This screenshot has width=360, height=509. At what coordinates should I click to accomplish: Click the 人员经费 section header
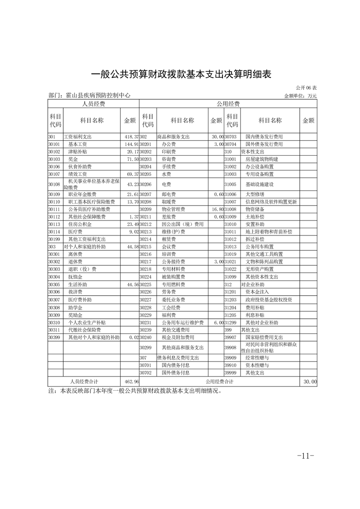coord(94,104)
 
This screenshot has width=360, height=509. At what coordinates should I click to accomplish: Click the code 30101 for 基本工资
coord(54,144)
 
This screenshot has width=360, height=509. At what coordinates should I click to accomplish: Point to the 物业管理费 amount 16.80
coord(216,210)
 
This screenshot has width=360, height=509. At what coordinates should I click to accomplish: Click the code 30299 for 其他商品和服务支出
coord(145,347)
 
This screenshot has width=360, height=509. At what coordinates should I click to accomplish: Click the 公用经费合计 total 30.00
coord(310,382)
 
